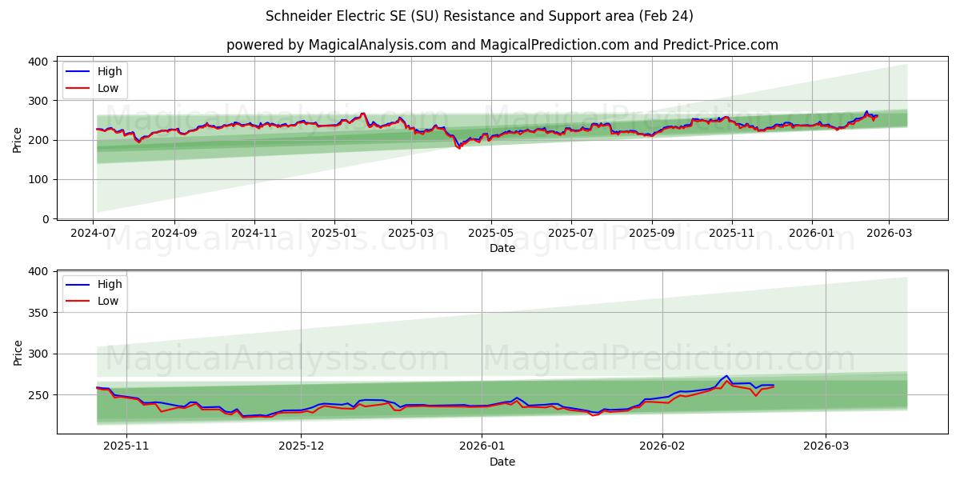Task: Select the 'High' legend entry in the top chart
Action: (110, 71)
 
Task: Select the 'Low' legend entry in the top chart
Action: (108, 88)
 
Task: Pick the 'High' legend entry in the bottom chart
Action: (110, 284)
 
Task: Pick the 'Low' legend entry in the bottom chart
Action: (108, 301)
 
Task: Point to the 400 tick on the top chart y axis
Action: (38, 62)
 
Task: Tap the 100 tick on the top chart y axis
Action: (38, 179)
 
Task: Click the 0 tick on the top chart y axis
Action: (45, 218)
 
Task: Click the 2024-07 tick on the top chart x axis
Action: (94, 233)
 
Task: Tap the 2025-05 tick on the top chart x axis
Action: (490, 233)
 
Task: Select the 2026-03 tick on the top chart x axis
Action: (890, 233)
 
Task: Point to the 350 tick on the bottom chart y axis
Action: (38, 313)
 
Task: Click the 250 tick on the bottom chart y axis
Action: (38, 395)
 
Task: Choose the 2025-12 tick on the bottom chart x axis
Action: (302, 446)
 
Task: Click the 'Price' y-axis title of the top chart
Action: (18, 140)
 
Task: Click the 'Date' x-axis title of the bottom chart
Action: (502, 462)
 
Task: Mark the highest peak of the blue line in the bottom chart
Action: (726, 375)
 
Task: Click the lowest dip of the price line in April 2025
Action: (459, 148)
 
